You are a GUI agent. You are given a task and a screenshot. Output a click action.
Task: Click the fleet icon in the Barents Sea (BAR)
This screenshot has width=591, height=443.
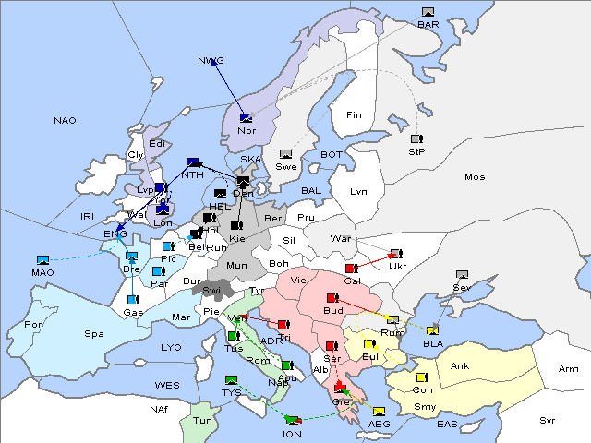click(x=428, y=12)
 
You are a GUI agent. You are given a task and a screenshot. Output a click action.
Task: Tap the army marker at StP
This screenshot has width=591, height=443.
click(x=416, y=139)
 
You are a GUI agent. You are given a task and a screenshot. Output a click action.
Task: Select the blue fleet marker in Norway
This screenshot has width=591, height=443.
click(x=246, y=117)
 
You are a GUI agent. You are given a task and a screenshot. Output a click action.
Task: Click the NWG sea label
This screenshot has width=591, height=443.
click(x=211, y=61)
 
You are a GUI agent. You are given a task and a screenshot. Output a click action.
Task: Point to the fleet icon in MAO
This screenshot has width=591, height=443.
click(x=42, y=260)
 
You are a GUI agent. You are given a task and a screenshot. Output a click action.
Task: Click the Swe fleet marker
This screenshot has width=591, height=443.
click(x=286, y=154)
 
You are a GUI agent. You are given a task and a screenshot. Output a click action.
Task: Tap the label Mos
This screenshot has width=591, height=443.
click(x=475, y=176)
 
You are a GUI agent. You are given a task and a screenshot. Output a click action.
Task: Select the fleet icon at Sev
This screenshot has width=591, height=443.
click(x=462, y=274)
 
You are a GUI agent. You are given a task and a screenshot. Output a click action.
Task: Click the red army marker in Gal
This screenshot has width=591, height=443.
click(x=351, y=268)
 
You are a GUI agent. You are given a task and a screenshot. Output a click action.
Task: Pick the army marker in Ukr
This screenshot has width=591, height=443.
click(x=396, y=253)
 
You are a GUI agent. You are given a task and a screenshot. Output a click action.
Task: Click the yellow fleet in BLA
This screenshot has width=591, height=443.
click(x=432, y=330)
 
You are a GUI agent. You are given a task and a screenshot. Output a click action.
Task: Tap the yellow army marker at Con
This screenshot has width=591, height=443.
click(x=422, y=377)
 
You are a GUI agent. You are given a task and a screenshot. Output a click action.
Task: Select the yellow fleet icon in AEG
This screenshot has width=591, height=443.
click(x=380, y=411)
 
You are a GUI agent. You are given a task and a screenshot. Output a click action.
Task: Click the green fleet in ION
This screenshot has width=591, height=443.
click(x=293, y=420)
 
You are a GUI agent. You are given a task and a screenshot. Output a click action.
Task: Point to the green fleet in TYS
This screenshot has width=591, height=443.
click(x=231, y=379)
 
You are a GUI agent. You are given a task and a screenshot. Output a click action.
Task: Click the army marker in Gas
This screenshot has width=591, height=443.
click(x=134, y=299)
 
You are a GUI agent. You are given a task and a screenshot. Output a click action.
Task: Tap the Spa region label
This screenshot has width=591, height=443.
click(x=93, y=333)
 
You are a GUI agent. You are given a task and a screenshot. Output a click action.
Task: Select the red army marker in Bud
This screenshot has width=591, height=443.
click(x=332, y=298)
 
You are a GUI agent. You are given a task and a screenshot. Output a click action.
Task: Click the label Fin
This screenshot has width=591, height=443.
click(x=353, y=115)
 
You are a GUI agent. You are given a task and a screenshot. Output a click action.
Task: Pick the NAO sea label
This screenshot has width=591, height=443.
click(x=65, y=121)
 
